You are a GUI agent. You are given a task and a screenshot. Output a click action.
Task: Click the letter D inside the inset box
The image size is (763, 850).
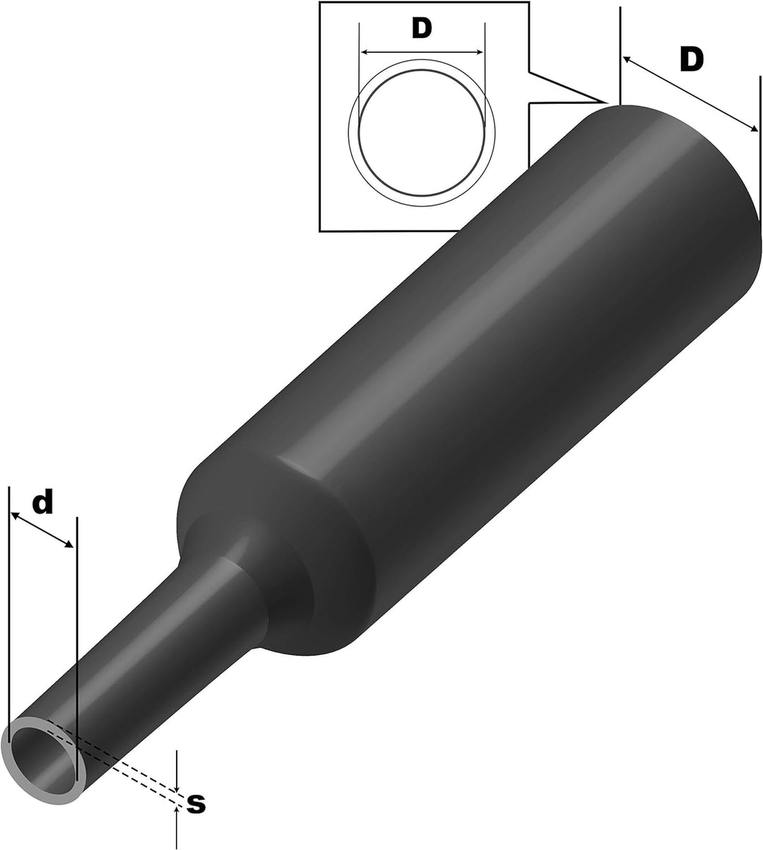click(421, 28)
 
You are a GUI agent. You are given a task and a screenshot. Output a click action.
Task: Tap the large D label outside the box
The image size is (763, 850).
click(692, 60)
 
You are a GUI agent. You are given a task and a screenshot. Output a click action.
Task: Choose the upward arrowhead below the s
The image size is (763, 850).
click(176, 811)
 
